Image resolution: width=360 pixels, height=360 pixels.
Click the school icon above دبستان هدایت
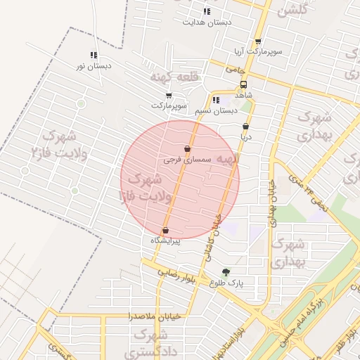[x=207, y=11]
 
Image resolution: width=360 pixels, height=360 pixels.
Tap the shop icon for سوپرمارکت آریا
[x=258, y=41]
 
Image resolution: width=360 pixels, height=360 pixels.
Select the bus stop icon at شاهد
[x=243, y=84]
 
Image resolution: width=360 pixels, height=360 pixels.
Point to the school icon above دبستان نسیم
[x=215, y=100]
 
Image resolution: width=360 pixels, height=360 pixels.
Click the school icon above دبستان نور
[x=94, y=55]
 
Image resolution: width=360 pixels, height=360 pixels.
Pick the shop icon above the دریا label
[x=245, y=127]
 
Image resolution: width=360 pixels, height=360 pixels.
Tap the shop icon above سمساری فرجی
[x=187, y=149]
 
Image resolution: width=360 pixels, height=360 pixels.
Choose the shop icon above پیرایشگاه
[x=165, y=230]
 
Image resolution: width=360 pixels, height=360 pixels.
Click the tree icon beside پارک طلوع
[x=225, y=272]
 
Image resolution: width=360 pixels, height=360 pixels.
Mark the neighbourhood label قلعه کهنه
[x=175, y=75]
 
